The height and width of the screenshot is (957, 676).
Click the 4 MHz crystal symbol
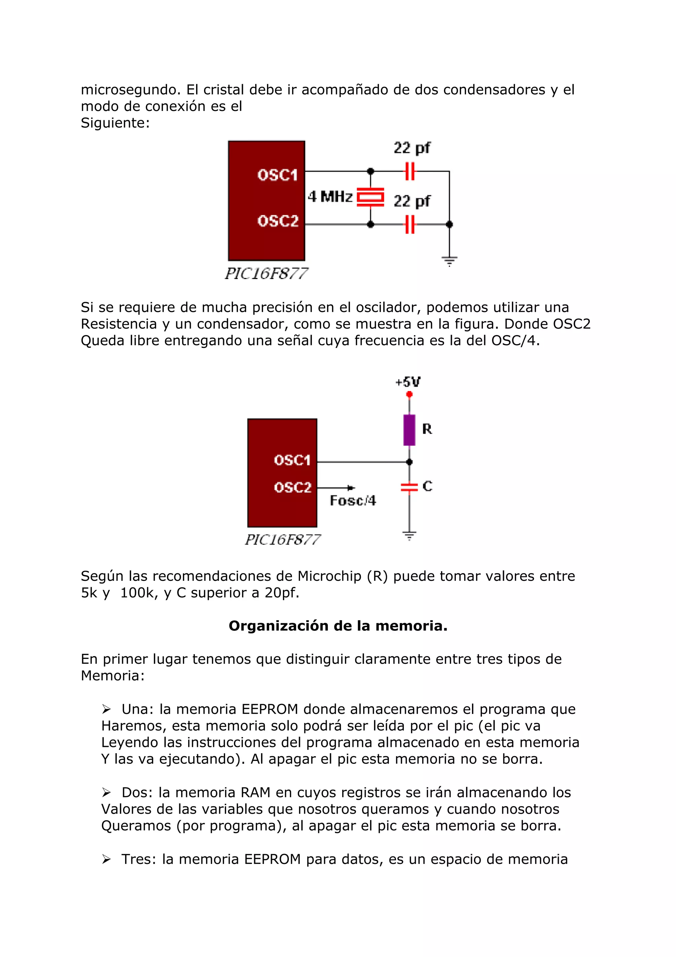pyautogui.click(x=370, y=197)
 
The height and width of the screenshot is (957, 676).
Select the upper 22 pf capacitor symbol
pyautogui.click(x=410, y=171)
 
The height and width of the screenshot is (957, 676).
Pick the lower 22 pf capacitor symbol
pyautogui.click(x=410, y=224)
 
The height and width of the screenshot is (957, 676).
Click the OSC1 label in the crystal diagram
pyautogui.click(x=277, y=175)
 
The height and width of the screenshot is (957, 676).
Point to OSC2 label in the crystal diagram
pyautogui.click(x=278, y=221)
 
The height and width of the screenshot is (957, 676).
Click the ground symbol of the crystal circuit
pyautogui.click(x=450, y=261)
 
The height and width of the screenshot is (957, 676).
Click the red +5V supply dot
pyautogui.click(x=409, y=394)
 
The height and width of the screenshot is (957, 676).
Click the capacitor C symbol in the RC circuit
pyautogui.click(x=409, y=487)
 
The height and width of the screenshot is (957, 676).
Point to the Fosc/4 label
pyautogui.click(x=353, y=501)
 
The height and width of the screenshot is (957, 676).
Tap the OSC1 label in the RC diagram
pyautogui.click(x=292, y=460)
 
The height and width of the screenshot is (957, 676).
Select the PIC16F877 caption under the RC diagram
pyautogui.click(x=283, y=540)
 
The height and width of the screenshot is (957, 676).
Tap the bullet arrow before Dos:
pyautogui.click(x=107, y=792)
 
